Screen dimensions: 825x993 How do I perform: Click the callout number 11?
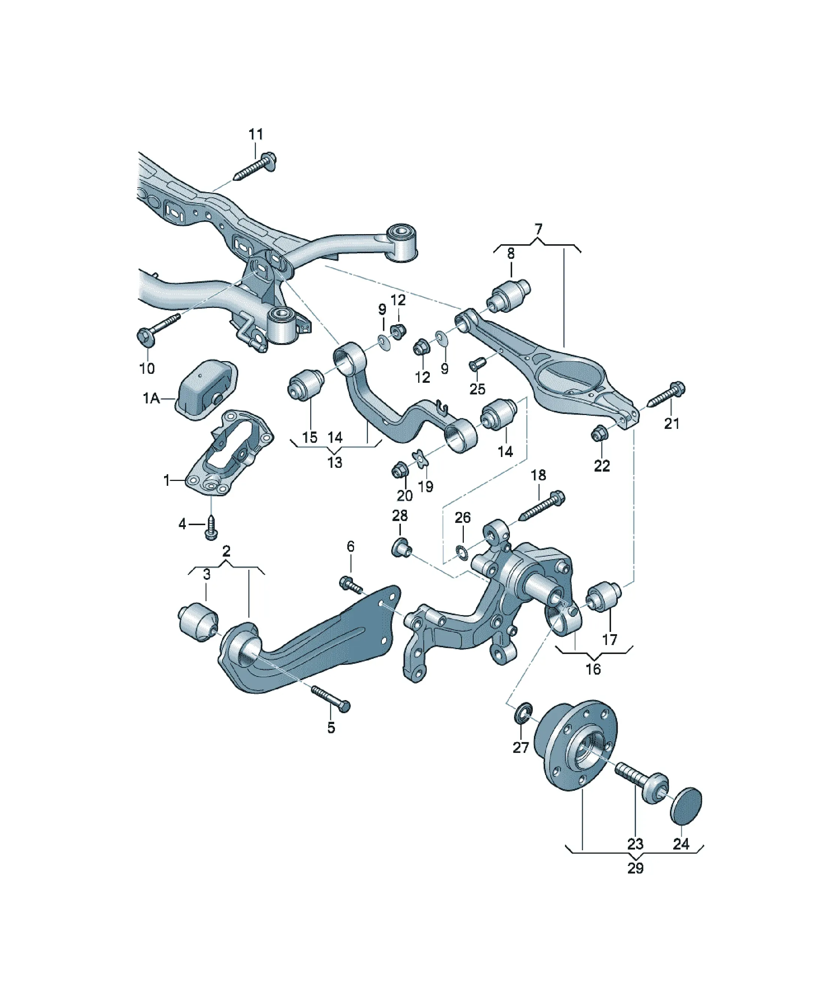click(x=256, y=134)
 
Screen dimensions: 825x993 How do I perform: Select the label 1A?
click(x=151, y=399)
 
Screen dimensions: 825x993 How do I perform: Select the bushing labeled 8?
click(x=508, y=296)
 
